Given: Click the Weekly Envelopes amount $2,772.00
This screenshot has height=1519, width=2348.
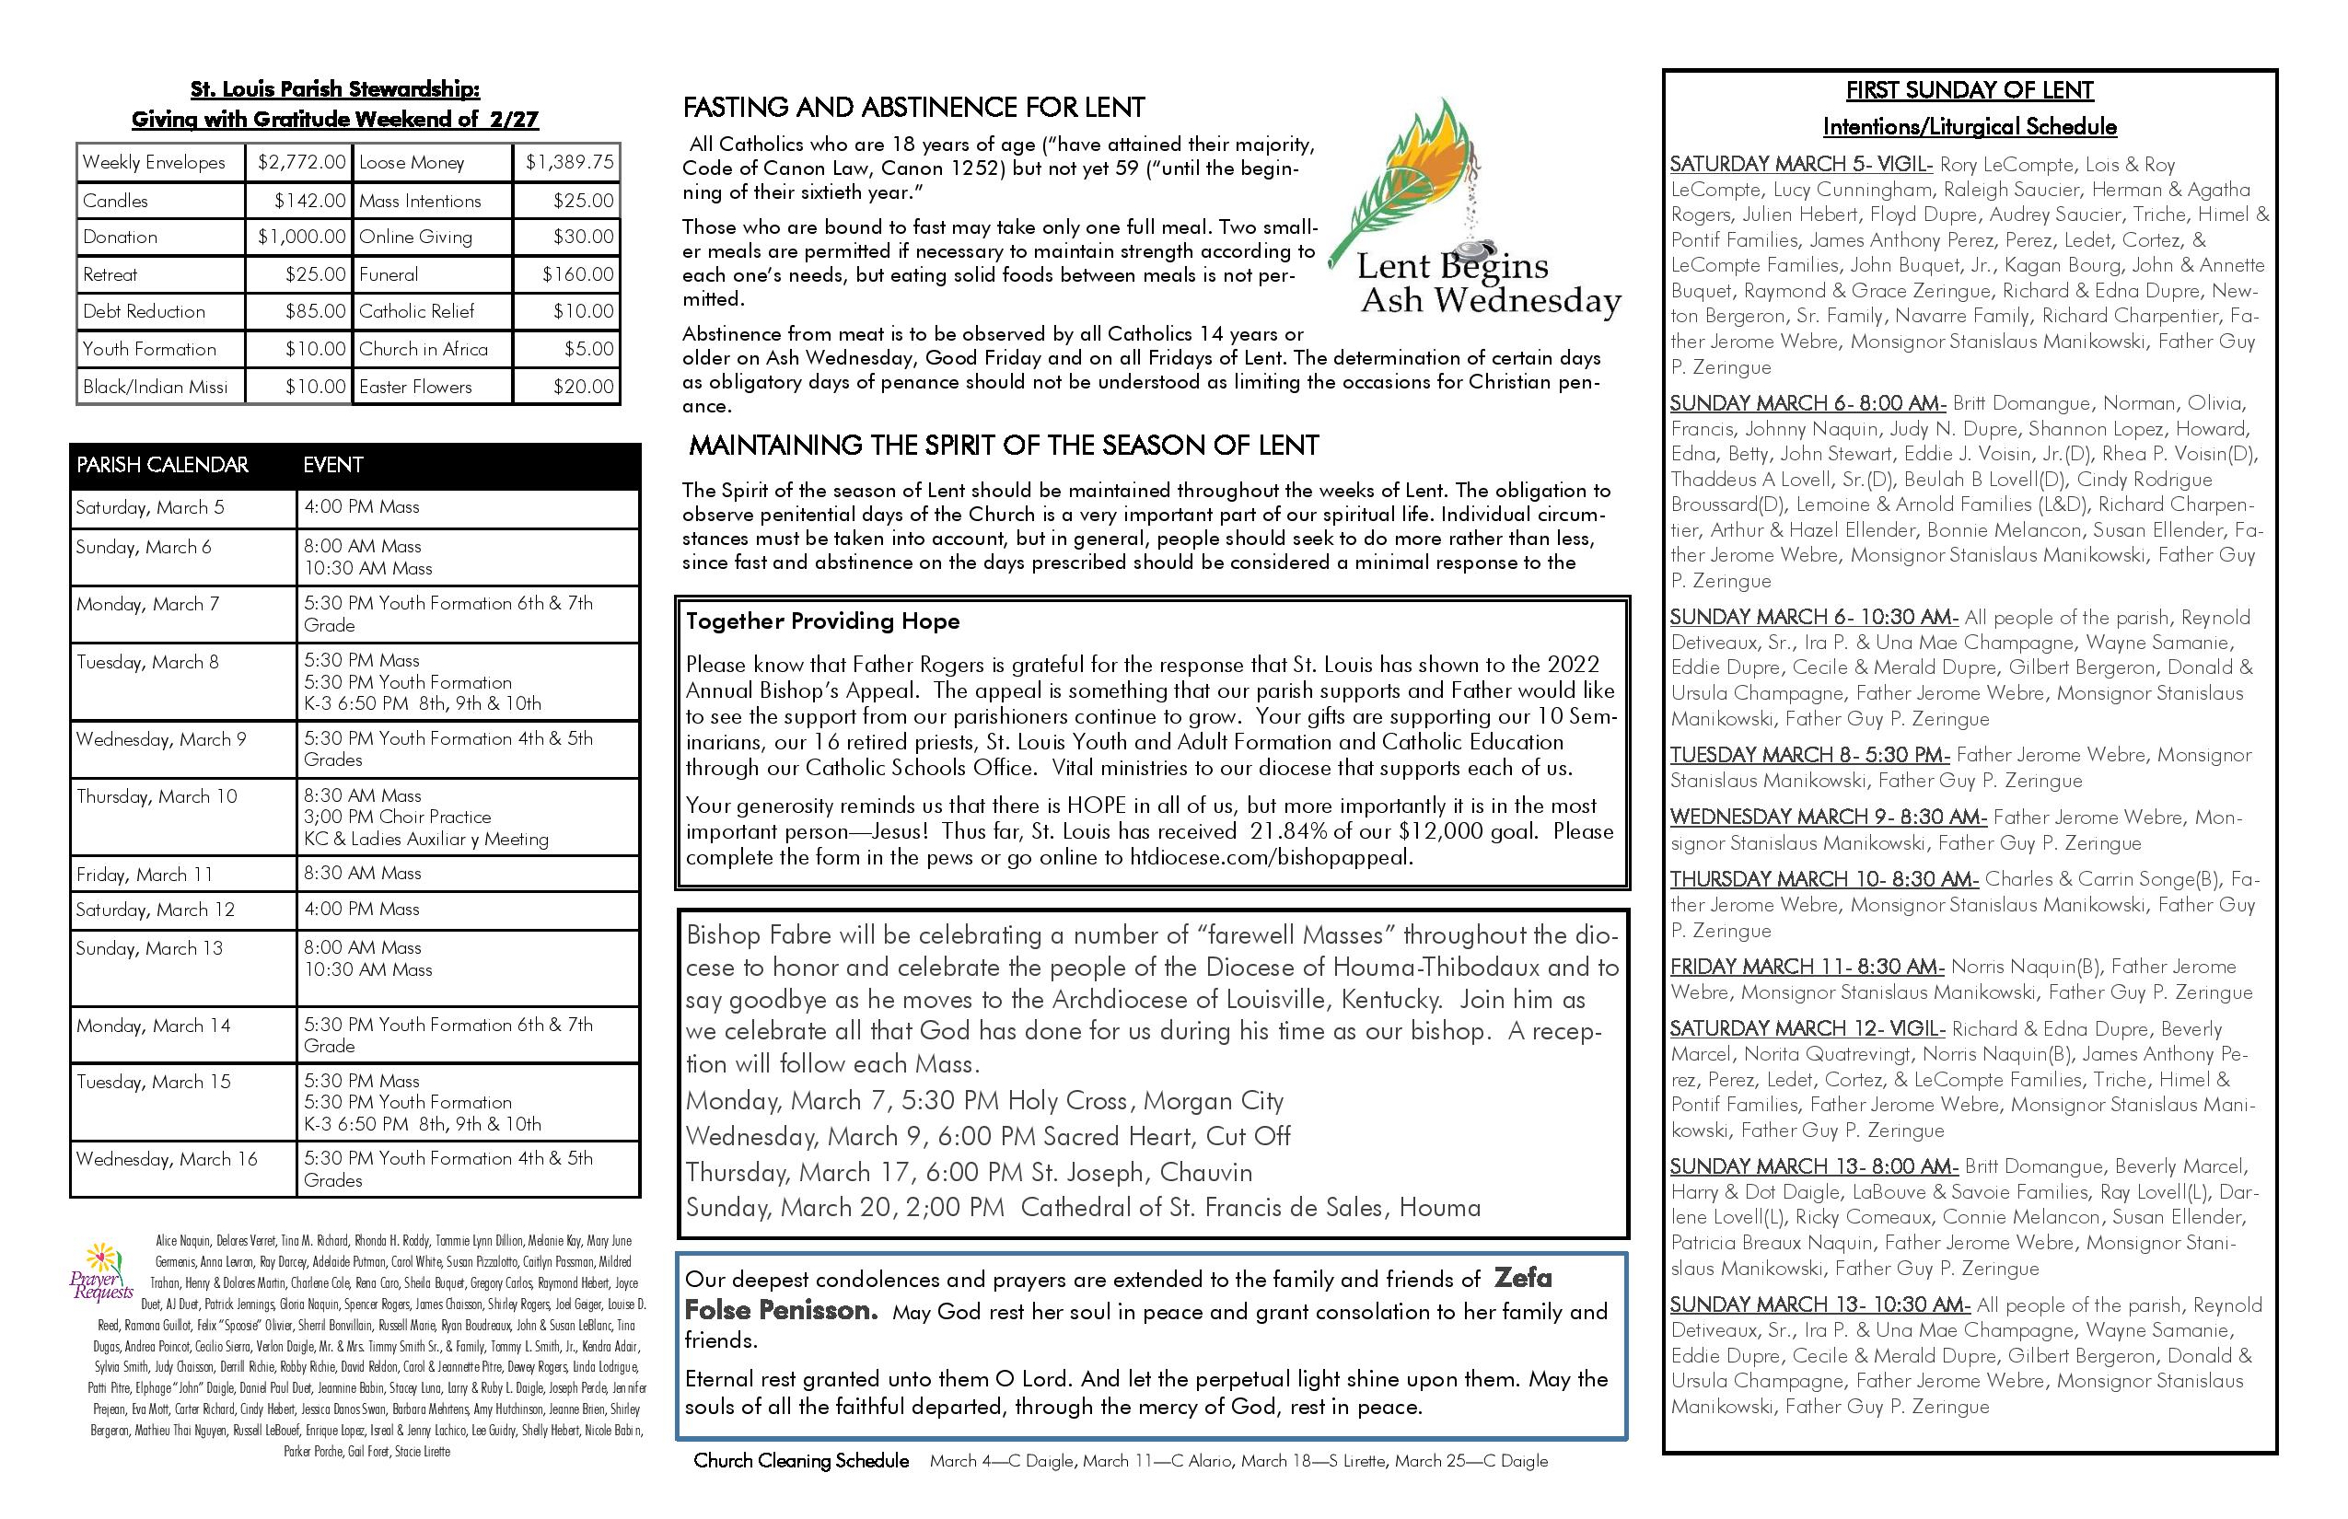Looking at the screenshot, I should (x=301, y=163).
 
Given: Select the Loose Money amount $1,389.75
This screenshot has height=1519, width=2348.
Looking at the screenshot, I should (x=569, y=163).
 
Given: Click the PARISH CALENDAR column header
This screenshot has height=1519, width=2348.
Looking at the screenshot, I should (x=163, y=465).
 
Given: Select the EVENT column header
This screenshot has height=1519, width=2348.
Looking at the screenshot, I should (x=333, y=465).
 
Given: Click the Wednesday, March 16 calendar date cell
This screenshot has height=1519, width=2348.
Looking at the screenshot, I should (x=167, y=1159).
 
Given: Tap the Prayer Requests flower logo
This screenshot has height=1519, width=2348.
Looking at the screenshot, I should (x=101, y=1271).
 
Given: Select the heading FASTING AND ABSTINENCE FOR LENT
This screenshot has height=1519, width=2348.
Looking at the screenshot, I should (x=913, y=108).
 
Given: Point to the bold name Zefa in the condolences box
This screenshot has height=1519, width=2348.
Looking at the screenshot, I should (x=1522, y=1279).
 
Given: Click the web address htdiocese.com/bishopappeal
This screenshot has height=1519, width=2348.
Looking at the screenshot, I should (x=1270, y=857).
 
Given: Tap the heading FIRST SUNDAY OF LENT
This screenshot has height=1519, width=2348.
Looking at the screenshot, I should (x=1970, y=90).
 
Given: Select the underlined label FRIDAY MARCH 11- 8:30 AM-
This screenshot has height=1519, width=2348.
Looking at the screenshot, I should (x=1807, y=967).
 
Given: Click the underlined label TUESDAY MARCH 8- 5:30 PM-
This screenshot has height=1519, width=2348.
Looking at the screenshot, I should (x=1809, y=756).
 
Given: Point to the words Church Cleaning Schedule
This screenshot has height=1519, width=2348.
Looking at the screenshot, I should (x=801, y=1461).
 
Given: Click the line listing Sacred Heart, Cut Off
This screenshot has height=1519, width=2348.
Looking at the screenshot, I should (x=987, y=1136).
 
